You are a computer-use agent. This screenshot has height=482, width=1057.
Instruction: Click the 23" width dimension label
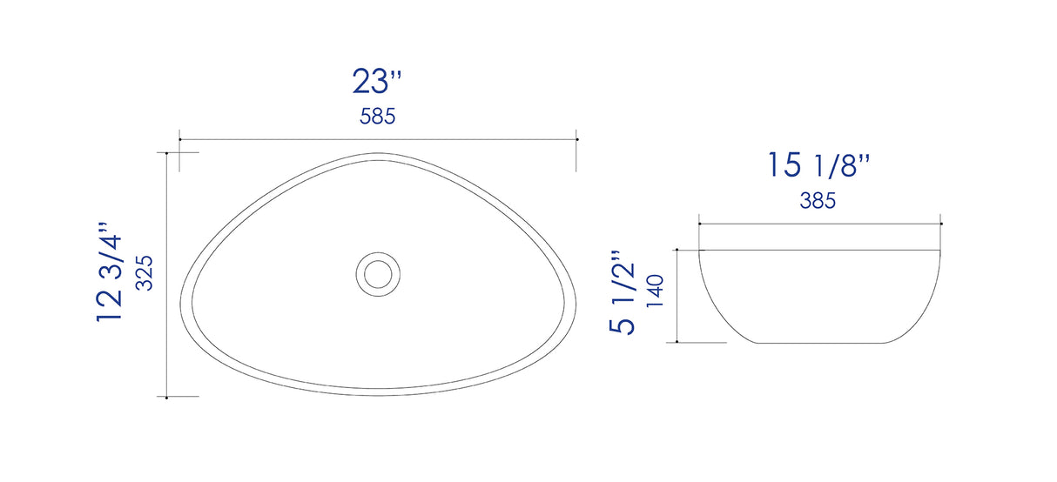click(x=377, y=82)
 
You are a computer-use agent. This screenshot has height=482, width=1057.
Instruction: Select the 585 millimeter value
click(x=378, y=117)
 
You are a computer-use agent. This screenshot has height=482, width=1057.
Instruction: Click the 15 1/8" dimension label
click(x=818, y=165)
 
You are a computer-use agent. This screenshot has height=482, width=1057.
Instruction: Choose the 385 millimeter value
click(x=818, y=201)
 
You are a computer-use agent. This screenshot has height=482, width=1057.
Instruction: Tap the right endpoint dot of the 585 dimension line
click(x=578, y=139)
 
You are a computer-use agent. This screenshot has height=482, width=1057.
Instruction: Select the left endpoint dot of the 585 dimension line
click(x=179, y=139)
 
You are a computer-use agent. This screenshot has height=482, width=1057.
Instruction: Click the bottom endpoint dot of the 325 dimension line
click(x=166, y=397)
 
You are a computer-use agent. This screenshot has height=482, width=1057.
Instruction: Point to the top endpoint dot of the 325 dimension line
click(x=166, y=153)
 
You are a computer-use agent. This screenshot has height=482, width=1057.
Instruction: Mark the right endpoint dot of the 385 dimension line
click(x=941, y=224)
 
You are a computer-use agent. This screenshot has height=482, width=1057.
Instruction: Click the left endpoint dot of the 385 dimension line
click(x=699, y=224)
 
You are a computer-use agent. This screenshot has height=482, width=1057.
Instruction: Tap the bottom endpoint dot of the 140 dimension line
click(x=677, y=343)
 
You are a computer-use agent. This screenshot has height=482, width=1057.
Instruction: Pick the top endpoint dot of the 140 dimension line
click(x=677, y=251)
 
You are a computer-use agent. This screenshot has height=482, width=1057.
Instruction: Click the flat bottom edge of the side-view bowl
click(x=820, y=343)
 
